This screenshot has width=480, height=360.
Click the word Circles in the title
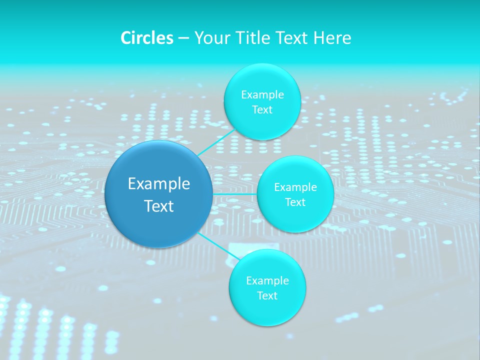click(x=146, y=38)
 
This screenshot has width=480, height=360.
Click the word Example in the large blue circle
click(x=159, y=184)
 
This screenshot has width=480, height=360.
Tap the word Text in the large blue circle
click(x=159, y=206)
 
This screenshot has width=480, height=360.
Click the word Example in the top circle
click(x=262, y=94)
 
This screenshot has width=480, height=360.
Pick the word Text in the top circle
click(x=262, y=109)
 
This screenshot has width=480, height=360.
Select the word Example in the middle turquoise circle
click(x=295, y=187)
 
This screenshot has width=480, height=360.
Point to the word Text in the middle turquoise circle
click(x=295, y=202)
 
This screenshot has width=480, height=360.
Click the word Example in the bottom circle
click(x=267, y=280)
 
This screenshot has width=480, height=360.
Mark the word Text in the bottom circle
click(x=267, y=295)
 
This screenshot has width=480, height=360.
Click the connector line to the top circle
click(x=216, y=142)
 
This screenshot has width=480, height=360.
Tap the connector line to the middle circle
click(x=234, y=193)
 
